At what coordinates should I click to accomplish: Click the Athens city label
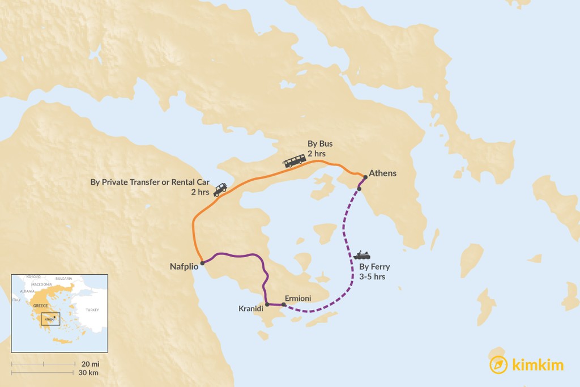point(382,173)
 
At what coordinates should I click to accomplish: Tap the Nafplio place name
point(184,266)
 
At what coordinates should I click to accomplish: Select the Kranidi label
point(250,309)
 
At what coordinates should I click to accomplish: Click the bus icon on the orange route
point(295,161)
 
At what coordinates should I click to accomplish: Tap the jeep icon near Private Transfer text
point(220,190)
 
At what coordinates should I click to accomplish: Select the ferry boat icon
point(361,256)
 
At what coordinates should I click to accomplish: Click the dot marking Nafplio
point(202,263)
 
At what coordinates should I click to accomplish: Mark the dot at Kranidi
point(267,304)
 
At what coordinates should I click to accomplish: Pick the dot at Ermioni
point(284,305)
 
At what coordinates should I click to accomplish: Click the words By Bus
point(320,144)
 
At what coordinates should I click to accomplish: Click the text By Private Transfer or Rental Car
point(150,182)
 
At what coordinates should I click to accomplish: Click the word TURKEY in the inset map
point(92,310)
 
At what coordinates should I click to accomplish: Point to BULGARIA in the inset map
point(64,279)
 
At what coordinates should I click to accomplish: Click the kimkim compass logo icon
point(498,365)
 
